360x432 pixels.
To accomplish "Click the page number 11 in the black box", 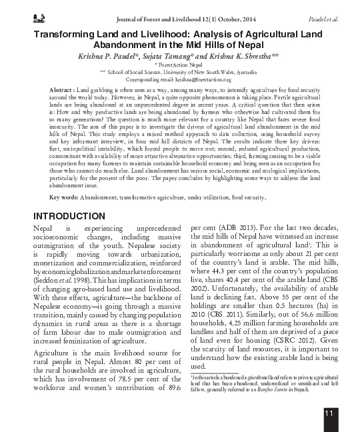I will [x=329, y=415].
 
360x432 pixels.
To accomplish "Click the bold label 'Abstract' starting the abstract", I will [x=61, y=89].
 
